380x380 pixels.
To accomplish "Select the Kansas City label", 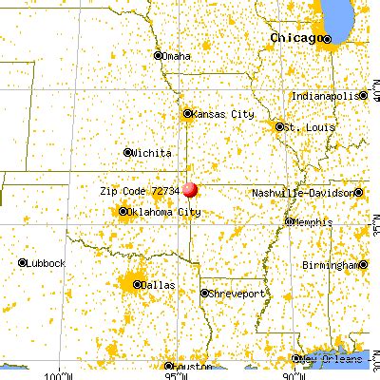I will click(x=224, y=114).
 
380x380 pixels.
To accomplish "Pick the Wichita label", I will click(x=153, y=152).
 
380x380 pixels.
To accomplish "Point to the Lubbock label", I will click(x=47, y=262).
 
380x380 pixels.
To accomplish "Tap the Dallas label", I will click(x=159, y=283).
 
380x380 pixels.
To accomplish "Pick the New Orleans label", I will click(x=333, y=359).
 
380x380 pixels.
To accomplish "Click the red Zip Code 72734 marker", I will click(x=191, y=190).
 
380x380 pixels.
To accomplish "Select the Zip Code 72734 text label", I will click(x=139, y=190).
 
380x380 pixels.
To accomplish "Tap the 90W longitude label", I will click(x=288, y=373).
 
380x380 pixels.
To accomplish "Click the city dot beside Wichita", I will click(x=129, y=152).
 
